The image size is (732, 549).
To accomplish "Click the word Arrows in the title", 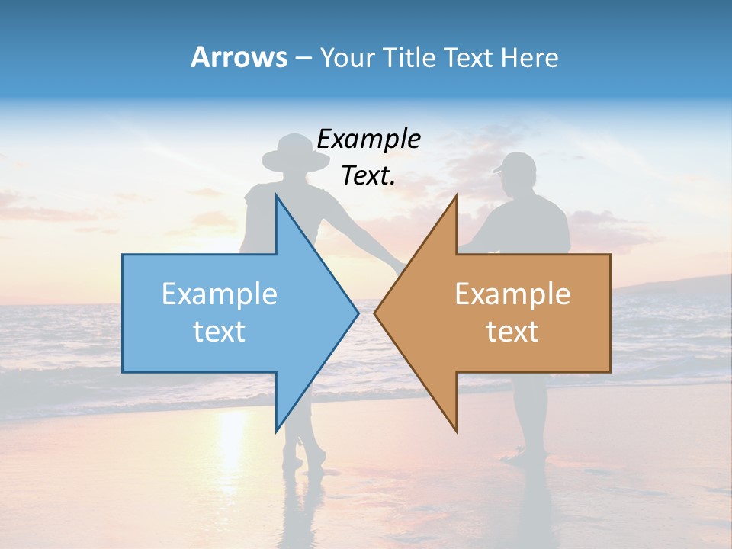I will (x=239, y=57).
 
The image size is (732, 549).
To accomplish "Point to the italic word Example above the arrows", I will (x=368, y=140).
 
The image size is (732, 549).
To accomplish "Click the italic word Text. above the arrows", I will (x=368, y=176).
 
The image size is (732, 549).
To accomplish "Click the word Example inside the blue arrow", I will (x=220, y=294).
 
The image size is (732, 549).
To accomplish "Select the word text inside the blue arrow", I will (x=220, y=332).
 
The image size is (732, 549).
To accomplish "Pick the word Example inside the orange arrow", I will (x=512, y=294).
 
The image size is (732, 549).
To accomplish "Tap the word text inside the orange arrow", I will (x=512, y=332).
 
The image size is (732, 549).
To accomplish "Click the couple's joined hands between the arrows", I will (x=400, y=266).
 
